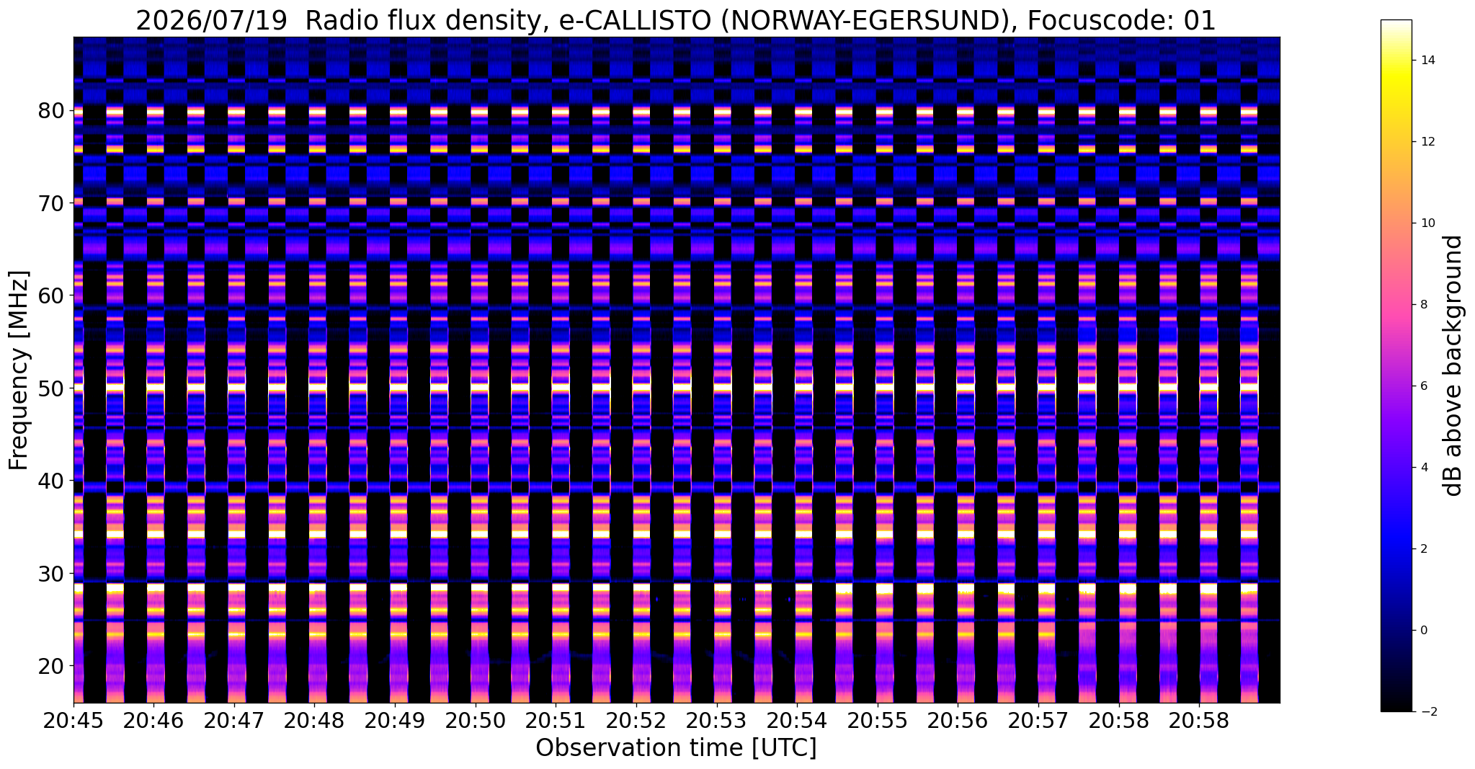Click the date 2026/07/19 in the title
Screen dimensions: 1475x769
211,21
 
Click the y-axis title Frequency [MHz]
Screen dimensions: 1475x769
19,370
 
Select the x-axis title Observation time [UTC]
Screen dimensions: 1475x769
676,747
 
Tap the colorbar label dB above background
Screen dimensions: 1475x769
1453,365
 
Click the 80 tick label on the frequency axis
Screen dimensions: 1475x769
52,111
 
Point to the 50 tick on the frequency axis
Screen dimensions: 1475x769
52,388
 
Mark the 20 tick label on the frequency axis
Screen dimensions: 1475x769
52,666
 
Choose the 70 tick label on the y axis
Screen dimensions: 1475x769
52,203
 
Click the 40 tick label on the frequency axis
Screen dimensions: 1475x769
52,481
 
